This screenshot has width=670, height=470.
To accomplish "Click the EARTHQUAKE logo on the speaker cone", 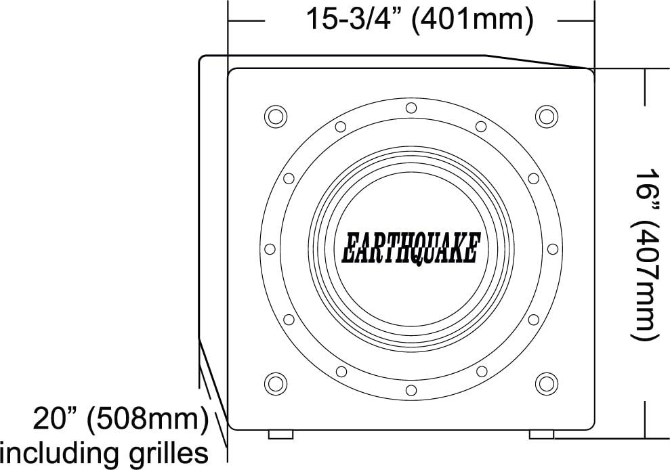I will pyautogui.click(x=411, y=249).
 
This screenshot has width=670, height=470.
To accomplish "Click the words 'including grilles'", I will pyautogui.click(x=104, y=452).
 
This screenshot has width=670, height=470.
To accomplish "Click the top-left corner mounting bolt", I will pyautogui.click(x=275, y=116).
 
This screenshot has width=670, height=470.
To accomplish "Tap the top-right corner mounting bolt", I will pyautogui.click(x=546, y=116).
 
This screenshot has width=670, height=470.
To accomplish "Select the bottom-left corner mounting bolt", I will pyautogui.click(x=275, y=383).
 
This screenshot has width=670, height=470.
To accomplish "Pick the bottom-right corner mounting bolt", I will pyautogui.click(x=546, y=383).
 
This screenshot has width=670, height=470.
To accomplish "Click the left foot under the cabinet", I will pyautogui.click(x=280, y=434).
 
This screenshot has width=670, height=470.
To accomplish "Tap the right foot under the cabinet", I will pyautogui.click(x=541, y=434).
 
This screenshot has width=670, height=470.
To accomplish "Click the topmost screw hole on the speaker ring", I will pyautogui.click(x=411, y=108).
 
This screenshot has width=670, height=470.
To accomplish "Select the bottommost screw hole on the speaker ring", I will pyautogui.click(x=411, y=389).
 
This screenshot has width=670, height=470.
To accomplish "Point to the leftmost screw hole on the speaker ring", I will pyautogui.click(x=270, y=249).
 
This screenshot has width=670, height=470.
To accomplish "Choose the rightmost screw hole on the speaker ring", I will pyautogui.click(x=552, y=249).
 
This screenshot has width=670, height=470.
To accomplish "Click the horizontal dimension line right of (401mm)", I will pyautogui.click(x=576, y=20).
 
